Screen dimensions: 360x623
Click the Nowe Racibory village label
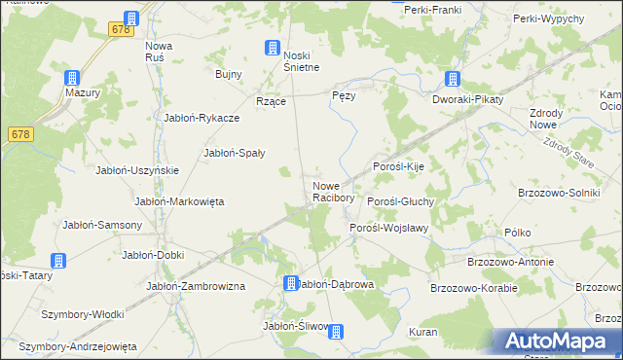(331, 192)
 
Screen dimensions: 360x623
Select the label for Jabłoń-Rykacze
(202, 118)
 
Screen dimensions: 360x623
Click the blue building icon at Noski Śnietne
(273, 47)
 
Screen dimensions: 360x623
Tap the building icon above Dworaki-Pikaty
(453, 79)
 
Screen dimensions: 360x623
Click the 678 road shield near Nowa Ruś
(121, 30)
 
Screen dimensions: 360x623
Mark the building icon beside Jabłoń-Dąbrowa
(290, 283)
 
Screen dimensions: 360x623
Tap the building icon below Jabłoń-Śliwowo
(336, 332)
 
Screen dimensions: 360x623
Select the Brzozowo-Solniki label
(559, 193)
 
